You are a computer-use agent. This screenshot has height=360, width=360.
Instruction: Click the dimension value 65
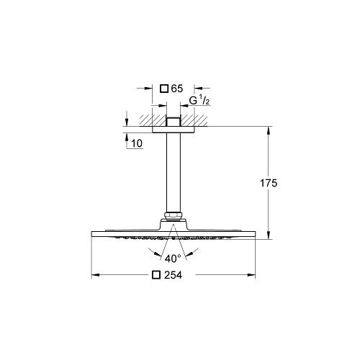[177, 89]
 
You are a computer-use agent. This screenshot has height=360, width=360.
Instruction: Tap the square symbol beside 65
[164, 89]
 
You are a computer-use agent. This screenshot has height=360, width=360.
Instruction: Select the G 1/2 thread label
[199, 101]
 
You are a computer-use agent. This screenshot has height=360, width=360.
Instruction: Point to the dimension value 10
[137, 143]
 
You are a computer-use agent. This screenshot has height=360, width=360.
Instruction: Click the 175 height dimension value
[269, 183]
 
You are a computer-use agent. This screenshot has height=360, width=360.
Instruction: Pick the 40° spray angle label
[173, 258]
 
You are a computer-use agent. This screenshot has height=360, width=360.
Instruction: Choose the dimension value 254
[173, 275]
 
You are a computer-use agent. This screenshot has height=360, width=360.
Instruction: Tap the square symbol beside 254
[156, 275]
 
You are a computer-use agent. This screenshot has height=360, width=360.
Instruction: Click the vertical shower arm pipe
[173, 172]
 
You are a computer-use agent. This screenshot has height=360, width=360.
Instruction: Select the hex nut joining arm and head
[173, 216]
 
